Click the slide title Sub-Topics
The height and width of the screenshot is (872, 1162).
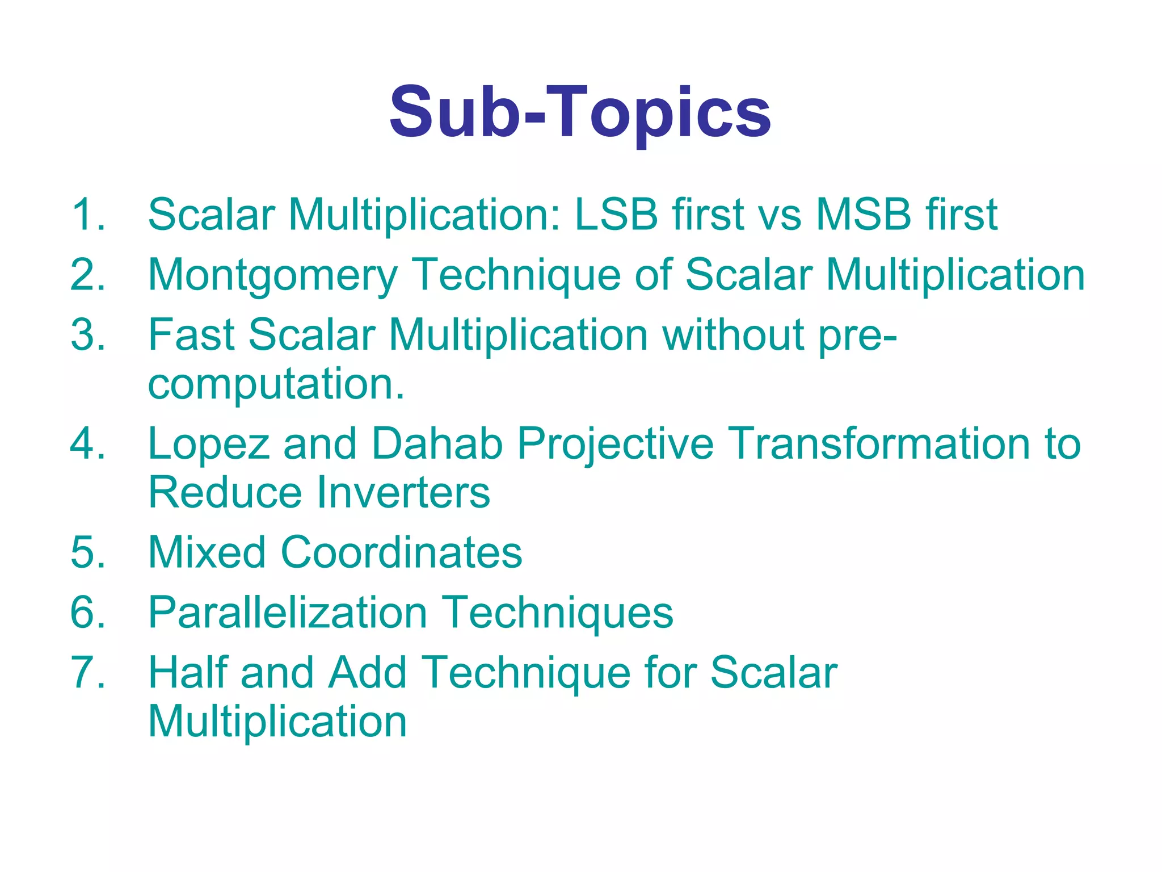click(580, 112)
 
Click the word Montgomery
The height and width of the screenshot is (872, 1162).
click(272, 276)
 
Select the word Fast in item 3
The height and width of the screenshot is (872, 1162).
click(191, 334)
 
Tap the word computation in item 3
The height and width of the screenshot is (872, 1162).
click(276, 384)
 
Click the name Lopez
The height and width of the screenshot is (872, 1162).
click(208, 445)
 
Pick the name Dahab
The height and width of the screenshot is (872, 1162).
click(437, 443)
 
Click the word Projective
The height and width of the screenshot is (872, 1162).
click(615, 445)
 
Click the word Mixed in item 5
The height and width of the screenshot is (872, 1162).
click(207, 552)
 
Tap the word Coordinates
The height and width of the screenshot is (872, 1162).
click(401, 552)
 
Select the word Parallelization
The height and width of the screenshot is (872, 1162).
click(288, 613)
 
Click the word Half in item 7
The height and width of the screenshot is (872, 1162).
click(187, 673)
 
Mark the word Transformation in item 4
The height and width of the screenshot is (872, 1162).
click(878, 443)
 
